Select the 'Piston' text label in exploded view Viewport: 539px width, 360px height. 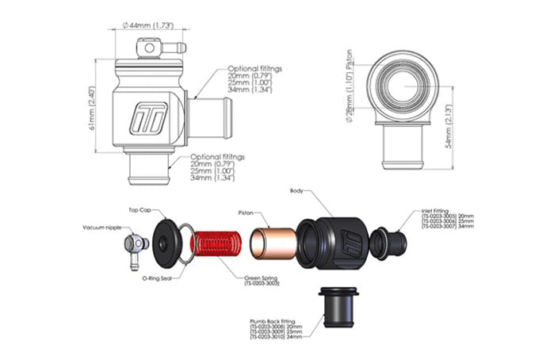(x=247, y=213)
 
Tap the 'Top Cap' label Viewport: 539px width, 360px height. (x=141, y=211)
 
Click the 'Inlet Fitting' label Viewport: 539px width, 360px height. (x=435, y=213)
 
